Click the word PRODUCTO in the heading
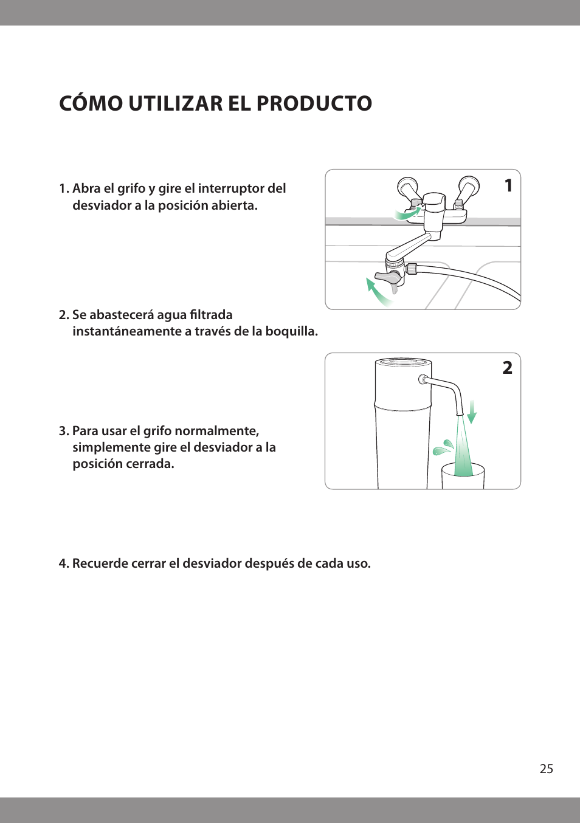click(314, 104)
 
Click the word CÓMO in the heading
click(91, 104)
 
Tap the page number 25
click(546, 769)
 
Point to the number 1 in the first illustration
click(508, 185)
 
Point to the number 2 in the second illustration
click(507, 368)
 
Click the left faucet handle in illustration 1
click(408, 188)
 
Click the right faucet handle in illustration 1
click(468, 187)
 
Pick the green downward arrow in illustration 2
click(472, 411)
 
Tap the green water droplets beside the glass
click(444, 448)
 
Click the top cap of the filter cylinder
click(403, 363)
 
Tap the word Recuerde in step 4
click(97, 563)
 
